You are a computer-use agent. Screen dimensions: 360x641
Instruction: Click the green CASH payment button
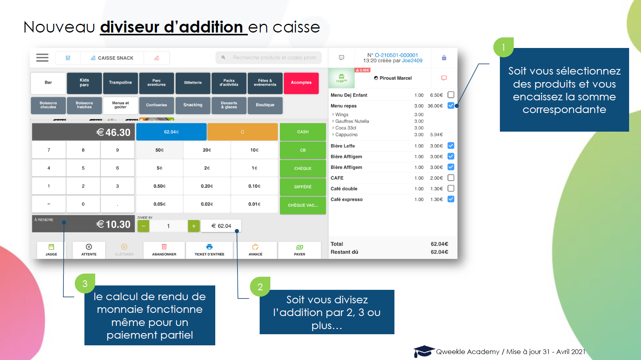(303, 132)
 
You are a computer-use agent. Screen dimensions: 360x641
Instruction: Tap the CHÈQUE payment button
(303, 169)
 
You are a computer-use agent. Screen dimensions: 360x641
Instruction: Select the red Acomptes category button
(301, 83)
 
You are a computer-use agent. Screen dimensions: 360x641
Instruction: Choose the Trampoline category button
(121, 83)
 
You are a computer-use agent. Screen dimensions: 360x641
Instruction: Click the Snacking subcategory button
(193, 105)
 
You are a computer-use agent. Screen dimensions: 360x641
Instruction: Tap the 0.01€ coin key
(254, 204)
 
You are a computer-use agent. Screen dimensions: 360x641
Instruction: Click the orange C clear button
(242, 132)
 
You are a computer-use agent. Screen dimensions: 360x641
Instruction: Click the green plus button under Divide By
(193, 226)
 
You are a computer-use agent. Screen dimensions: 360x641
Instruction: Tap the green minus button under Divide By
(144, 226)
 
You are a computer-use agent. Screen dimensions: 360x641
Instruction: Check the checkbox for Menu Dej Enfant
(451, 95)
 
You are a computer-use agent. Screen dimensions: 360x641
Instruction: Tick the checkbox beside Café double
(451, 188)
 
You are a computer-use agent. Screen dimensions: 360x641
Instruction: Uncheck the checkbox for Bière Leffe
(451, 146)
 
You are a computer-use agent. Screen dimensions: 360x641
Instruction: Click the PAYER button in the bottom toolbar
(300, 250)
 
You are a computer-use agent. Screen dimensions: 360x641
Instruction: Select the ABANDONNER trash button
(164, 250)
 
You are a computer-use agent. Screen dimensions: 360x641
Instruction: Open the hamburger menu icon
(42, 58)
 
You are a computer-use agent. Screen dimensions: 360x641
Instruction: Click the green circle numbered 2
(260, 287)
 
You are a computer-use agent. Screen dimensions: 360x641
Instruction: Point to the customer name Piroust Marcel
(395, 78)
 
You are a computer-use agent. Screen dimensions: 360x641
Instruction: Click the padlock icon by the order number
(444, 58)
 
